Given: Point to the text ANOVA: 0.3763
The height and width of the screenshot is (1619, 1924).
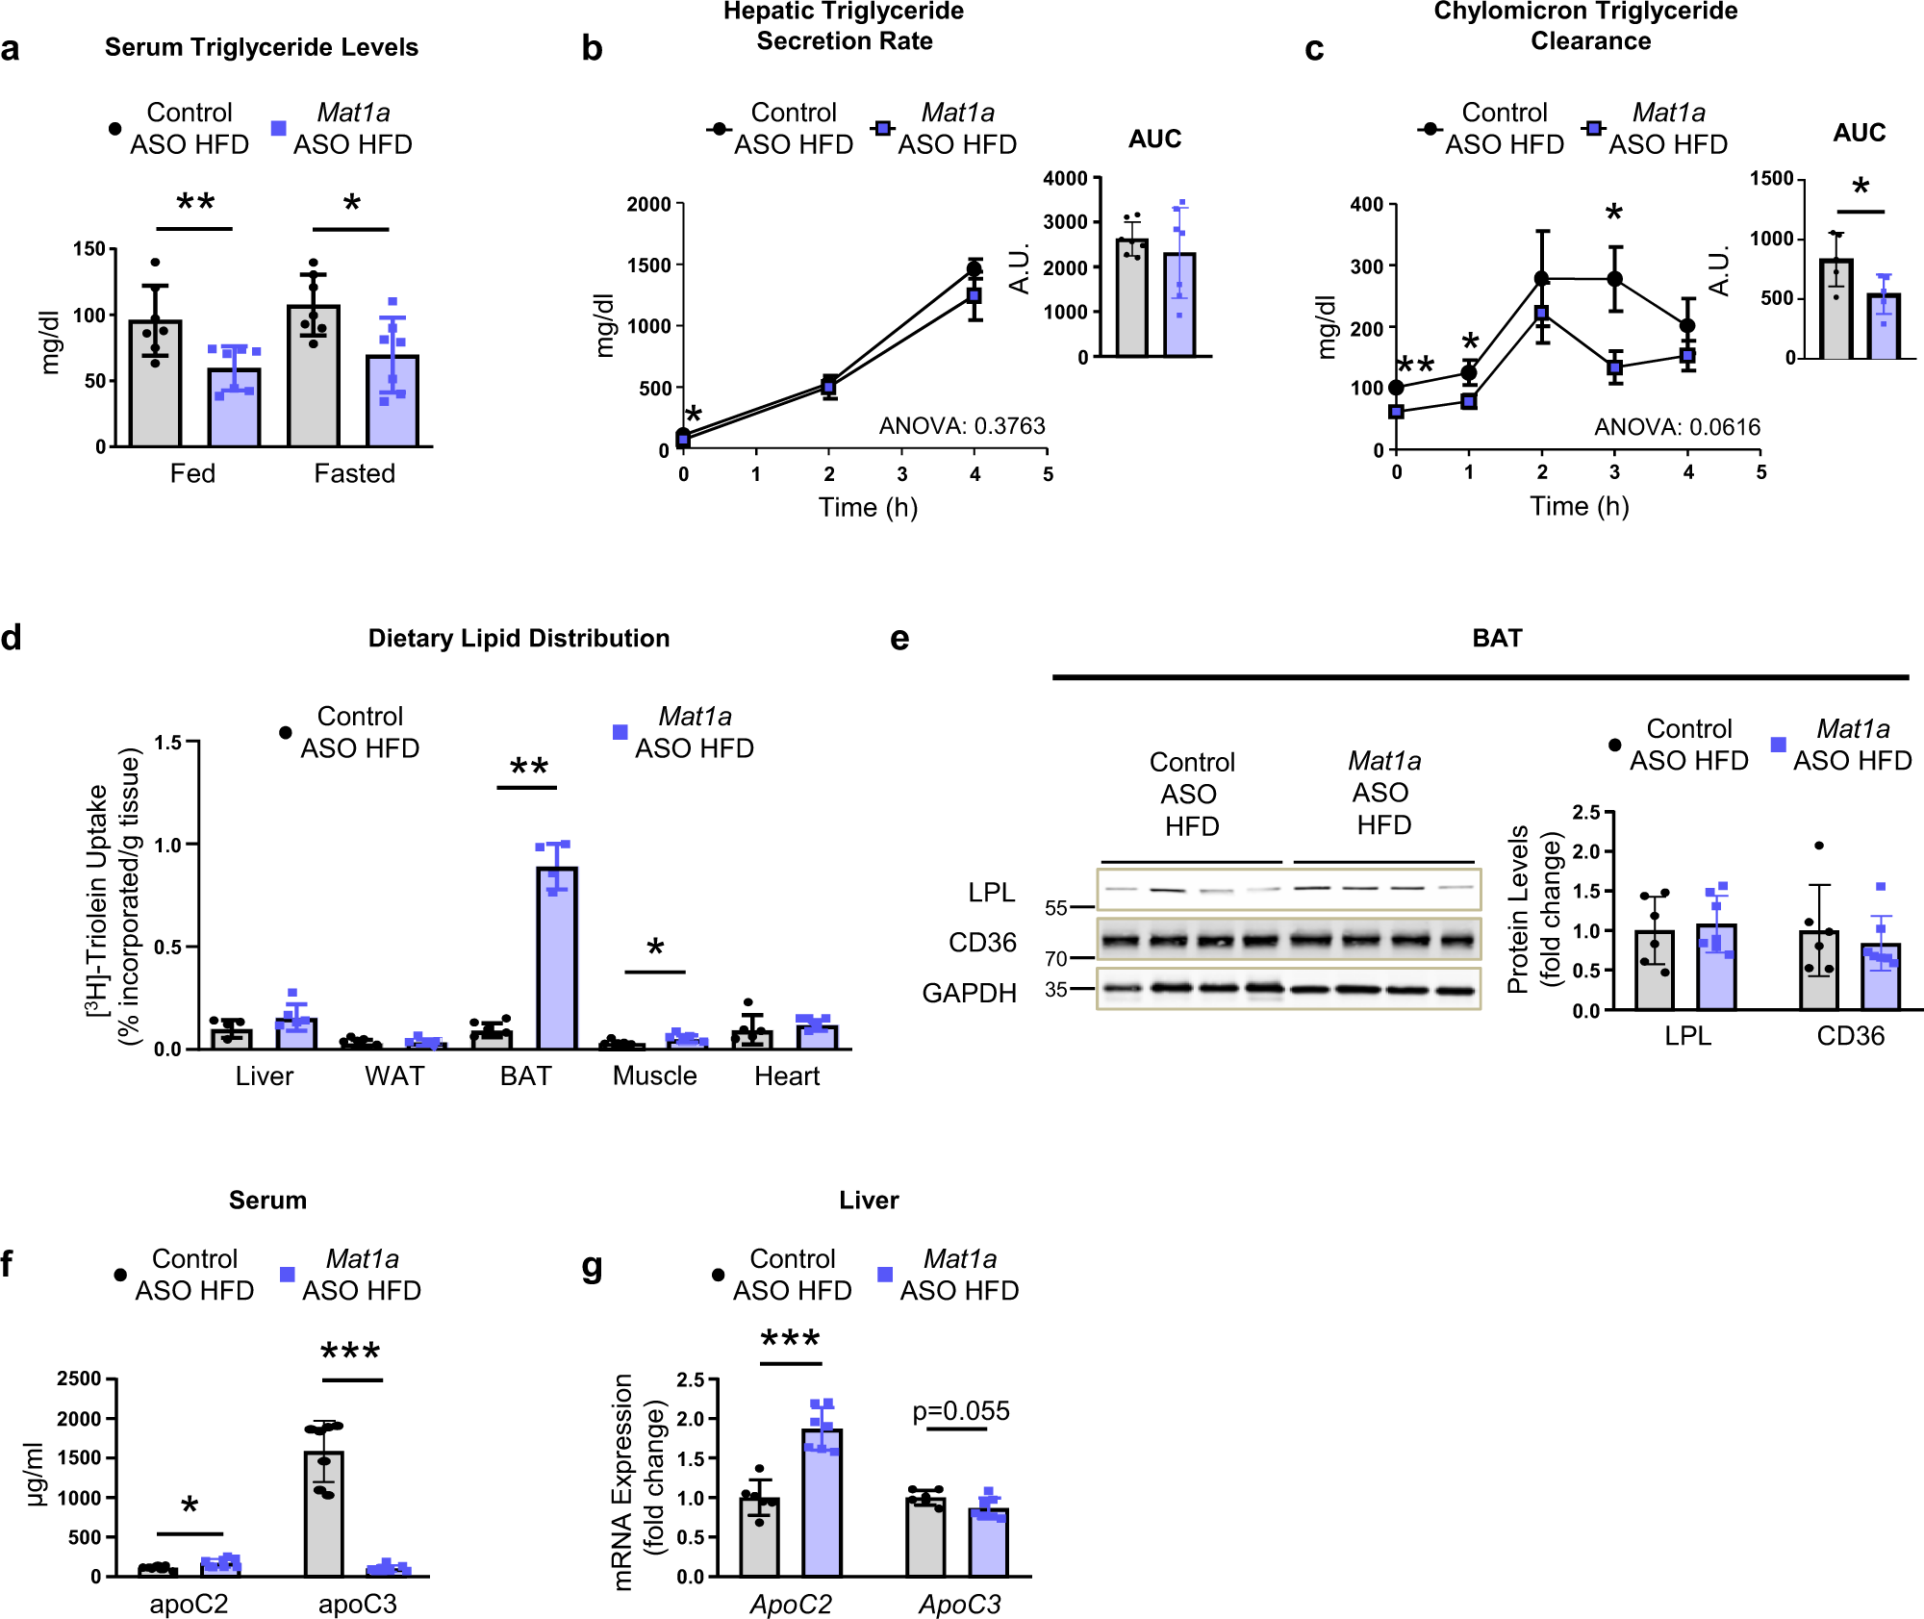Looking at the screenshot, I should [x=961, y=426].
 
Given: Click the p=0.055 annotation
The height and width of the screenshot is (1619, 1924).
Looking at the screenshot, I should [x=960, y=1411].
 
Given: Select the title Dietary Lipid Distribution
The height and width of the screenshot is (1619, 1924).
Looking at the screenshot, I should [x=519, y=639].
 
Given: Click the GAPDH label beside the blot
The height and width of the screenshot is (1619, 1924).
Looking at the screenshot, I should [x=968, y=993].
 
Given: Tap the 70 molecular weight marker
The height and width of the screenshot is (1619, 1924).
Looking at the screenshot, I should [x=1056, y=958].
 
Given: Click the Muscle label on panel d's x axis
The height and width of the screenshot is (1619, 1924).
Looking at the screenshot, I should [x=654, y=1075].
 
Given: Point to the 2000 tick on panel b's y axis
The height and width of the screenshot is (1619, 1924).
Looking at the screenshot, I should [x=648, y=204].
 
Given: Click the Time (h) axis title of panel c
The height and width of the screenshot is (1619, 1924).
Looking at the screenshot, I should [x=1579, y=506].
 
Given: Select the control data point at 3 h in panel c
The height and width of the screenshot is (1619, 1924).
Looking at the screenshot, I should [x=1615, y=279].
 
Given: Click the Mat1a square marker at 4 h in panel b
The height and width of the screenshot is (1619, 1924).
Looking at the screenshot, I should [x=975, y=295].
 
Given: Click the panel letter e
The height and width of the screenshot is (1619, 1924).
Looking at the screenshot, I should [x=899, y=639].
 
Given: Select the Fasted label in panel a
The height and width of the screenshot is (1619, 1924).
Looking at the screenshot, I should [x=354, y=473].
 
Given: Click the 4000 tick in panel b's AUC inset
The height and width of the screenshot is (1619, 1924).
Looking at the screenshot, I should [x=1065, y=178].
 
